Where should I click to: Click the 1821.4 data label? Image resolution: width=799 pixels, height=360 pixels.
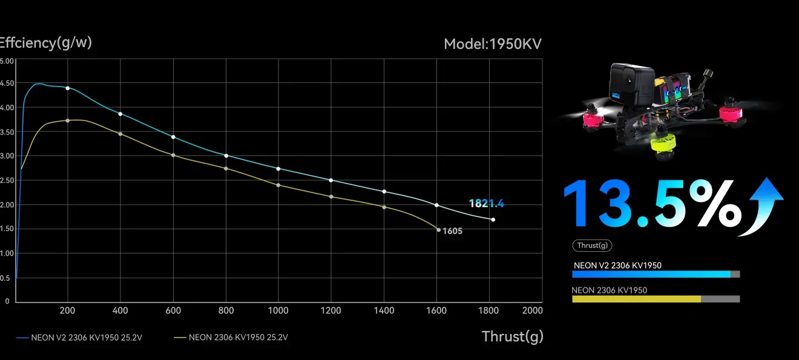tap(486, 204)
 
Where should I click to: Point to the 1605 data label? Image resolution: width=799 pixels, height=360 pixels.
tap(452, 231)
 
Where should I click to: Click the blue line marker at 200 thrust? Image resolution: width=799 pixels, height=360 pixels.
tap(68, 88)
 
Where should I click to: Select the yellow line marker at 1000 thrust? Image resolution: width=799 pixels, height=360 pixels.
tap(278, 185)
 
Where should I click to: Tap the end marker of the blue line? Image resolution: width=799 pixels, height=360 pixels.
tap(493, 220)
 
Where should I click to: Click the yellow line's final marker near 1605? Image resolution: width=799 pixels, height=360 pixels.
tap(439, 230)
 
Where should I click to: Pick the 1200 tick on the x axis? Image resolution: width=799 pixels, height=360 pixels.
tap(330, 310)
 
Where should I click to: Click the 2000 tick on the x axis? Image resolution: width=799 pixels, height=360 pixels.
tap(531, 310)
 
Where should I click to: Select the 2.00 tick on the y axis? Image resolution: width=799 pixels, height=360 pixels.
tap(6, 205)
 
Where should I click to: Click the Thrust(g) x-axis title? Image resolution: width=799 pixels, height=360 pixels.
tap(512, 336)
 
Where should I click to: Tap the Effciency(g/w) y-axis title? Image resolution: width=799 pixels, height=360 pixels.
tap(46, 42)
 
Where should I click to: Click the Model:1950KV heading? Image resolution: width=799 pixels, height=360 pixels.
tap(492, 44)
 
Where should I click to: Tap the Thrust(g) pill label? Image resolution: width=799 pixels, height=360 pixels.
tap(592, 245)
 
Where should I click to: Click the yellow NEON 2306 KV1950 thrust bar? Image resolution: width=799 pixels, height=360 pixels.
tap(636, 299)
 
